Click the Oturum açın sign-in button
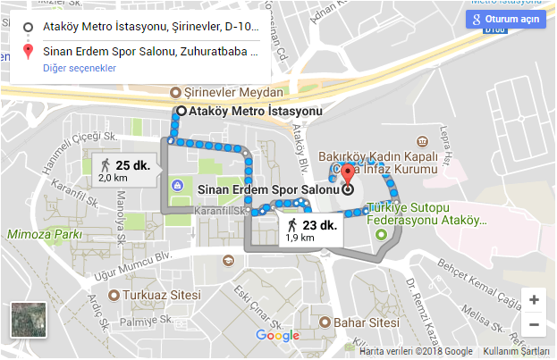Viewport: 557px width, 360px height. (505, 19)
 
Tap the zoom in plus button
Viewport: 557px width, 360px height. (534, 300)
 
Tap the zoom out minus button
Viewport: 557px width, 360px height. (534, 324)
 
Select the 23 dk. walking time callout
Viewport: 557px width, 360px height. (308, 230)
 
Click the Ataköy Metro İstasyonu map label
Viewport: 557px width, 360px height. (255, 112)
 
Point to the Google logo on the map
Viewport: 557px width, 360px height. (277, 336)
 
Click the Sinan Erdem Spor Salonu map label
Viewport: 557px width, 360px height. (266, 189)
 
